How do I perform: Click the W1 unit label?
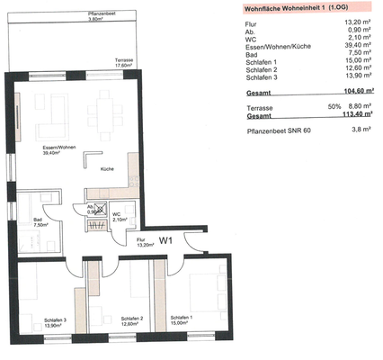coord(165,239)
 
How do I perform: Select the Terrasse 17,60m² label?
coord(124,63)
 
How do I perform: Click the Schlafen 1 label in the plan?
coord(183,320)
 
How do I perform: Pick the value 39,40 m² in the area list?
coord(346,53)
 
